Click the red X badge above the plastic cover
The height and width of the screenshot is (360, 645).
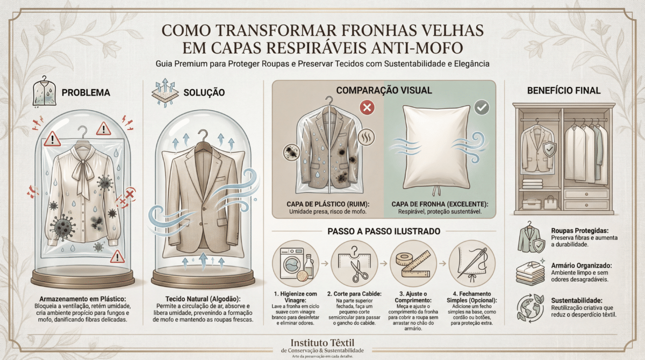tap(367, 107)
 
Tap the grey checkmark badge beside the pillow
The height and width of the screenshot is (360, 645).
tap(481, 107)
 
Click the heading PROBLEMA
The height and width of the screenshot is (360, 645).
tap(86, 92)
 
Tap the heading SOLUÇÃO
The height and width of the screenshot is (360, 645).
tap(204, 92)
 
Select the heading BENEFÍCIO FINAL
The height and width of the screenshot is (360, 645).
tap(564, 91)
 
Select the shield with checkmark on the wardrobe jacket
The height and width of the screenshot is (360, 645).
tap(549, 149)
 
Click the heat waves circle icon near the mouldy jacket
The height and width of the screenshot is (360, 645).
tap(366, 137)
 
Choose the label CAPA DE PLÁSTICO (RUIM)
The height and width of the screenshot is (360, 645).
tap(328, 204)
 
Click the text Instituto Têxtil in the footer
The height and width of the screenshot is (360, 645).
tap(322, 343)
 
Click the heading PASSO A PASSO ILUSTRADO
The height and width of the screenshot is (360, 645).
tap(384, 232)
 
